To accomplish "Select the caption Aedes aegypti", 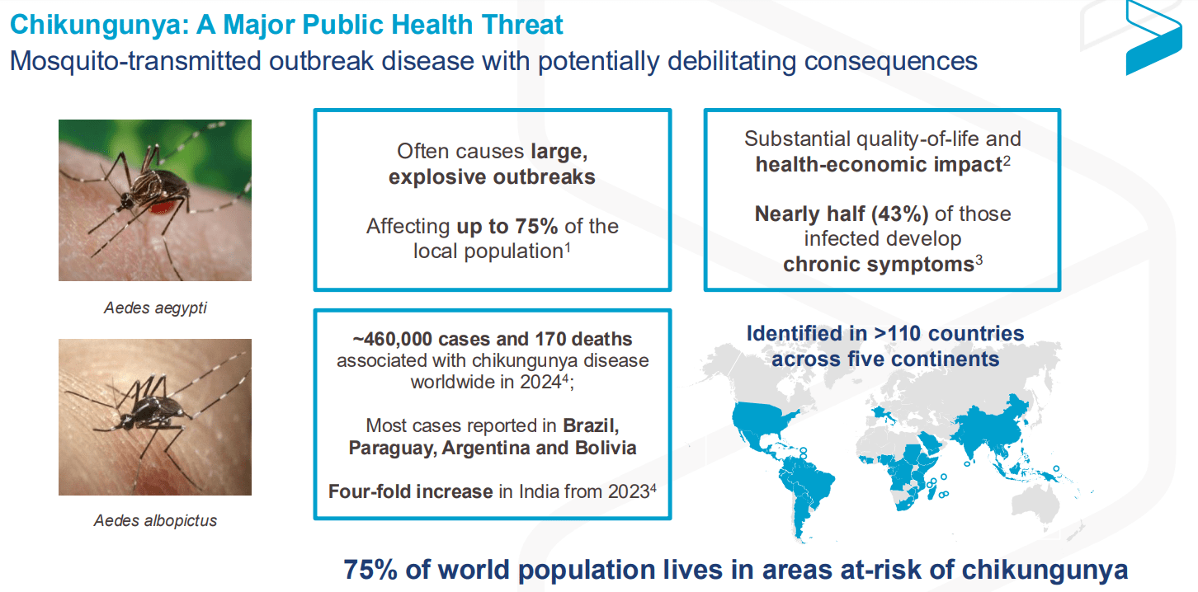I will (155, 308).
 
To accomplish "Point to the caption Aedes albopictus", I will (155, 521).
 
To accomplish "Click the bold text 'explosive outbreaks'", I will (492, 177).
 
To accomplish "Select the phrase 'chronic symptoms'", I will (878, 265).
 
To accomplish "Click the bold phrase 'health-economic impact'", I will (878, 164).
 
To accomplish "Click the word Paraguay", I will (392, 449).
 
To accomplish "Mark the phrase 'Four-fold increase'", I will (410, 491).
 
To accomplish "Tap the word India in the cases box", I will (539, 491).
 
